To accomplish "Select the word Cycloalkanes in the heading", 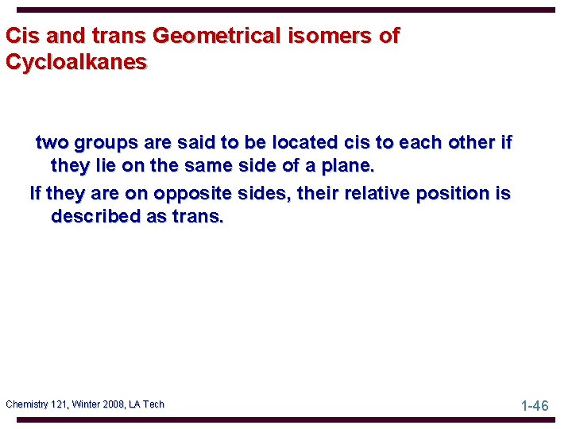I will click(76, 62).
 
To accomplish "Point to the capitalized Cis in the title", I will click(21, 36).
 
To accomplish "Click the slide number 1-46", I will click(535, 406).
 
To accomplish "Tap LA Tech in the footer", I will click(148, 404).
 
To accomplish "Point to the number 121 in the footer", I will click(62, 404).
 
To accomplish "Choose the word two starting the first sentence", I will click(52, 143).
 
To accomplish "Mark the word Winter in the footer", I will click(87, 404).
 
